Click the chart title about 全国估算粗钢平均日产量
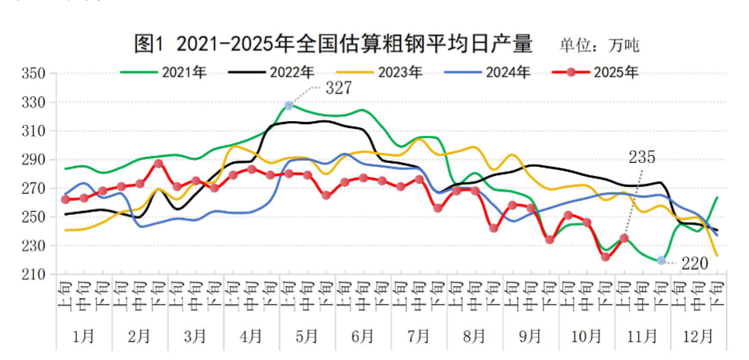[333, 44]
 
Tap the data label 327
[339, 88]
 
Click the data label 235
[642, 158]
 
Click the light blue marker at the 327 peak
[289, 105]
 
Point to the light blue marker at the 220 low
[661, 261]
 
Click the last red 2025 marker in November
[624, 238]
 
